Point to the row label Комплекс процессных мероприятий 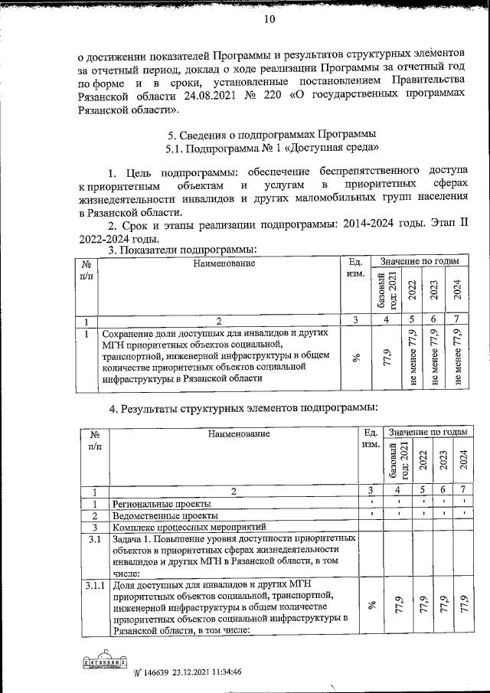click(x=188, y=528)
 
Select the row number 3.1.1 click(x=94, y=587)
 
